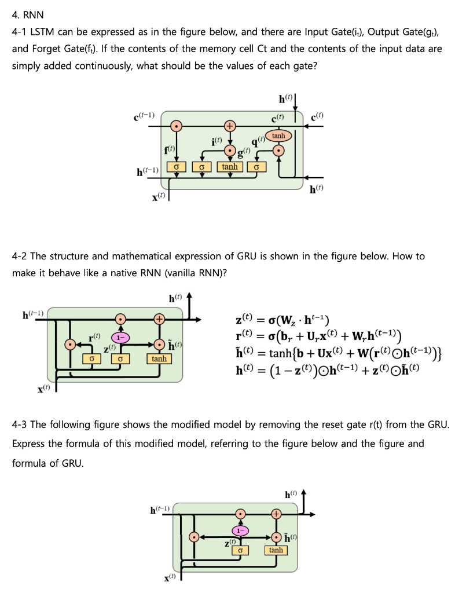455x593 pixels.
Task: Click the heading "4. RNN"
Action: [x=28, y=14]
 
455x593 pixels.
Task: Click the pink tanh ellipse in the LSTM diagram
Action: [x=278, y=136]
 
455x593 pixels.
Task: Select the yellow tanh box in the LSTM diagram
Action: [x=230, y=167]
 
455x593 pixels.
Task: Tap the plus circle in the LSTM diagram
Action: [x=230, y=125]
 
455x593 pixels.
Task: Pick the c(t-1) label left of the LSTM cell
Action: [x=144, y=116]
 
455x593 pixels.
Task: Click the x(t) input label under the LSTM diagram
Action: [x=158, y=197]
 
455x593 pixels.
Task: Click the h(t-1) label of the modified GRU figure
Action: [x=160, y=510]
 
